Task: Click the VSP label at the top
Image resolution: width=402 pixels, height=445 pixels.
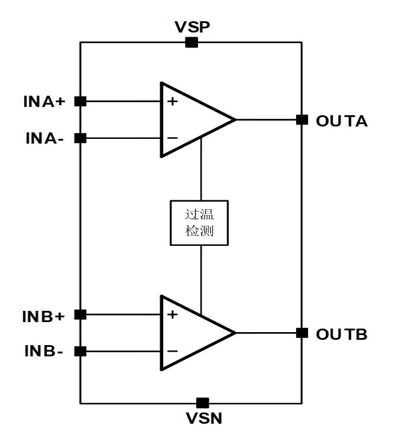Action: click(x=192, y=27)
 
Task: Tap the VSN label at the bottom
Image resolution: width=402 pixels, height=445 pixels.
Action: click(x=203, y=419)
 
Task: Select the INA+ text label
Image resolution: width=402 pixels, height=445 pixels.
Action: click(x=44, y=102)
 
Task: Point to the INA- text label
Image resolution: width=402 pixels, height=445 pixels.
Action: click(x=44, y=139)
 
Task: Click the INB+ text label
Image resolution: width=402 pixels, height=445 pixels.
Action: click(x=43, y=316)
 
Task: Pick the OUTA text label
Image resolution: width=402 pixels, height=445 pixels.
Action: click(x=342, y=121)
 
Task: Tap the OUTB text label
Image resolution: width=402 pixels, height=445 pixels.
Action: click(x=342, y=334)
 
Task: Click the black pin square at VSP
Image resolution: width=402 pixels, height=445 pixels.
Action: click(x=192, y=42)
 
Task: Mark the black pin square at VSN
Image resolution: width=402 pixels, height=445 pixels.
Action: click(x=203, y=403)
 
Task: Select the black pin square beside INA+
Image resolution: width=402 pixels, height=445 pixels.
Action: click(x=81, y=101)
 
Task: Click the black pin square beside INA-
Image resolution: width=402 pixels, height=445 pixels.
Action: click(x=81, y=138)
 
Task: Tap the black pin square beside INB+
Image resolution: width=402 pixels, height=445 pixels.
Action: click(x=81, y=314)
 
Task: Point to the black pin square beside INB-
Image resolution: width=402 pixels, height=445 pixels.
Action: click(x=81, y=352)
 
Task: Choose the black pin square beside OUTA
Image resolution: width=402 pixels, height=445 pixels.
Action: click(x=302, y=119)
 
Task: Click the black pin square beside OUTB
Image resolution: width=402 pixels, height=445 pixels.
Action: click(x=302, y=333)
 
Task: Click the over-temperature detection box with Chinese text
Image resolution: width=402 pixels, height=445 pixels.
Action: click(x=200, y=223)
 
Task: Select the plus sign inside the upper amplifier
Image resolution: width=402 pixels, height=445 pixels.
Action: click(x=172, y=101)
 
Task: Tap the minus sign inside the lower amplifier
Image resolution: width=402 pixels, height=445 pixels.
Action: click(x=172, y=351)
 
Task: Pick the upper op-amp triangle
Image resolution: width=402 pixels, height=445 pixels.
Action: click(x=189, y=119)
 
